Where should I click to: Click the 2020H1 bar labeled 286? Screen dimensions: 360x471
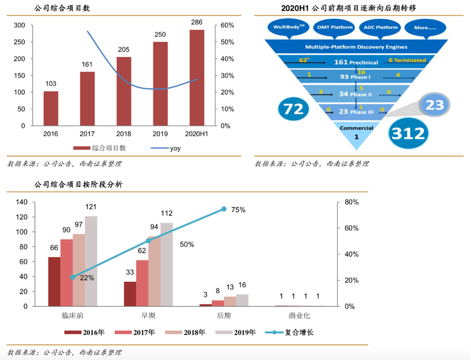[x=197, y=78]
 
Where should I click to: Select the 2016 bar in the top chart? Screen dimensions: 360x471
[x=51, y=108]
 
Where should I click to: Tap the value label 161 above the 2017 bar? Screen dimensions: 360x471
[x=87, y=65]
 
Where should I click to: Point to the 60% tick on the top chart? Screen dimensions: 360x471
[x=227, y=26]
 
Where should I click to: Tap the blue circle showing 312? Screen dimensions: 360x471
[x=408, y=133]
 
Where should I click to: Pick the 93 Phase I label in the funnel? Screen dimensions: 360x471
[x=354, y=77]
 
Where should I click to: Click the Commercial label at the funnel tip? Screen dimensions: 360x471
[x=356, y=128]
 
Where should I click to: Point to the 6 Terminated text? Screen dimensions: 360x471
[x=407, y=60]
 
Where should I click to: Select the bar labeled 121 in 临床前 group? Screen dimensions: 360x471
[x=91, y=261]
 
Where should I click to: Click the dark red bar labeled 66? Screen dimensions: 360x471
[x=54, y=281]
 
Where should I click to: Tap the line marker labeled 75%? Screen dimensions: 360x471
[x=224, y=209]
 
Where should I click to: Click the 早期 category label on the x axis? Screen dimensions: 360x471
[x=148, y=315]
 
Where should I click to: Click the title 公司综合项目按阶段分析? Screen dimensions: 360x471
[x=78, y=184]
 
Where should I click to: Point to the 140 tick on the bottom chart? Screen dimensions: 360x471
[x=22, y=202]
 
